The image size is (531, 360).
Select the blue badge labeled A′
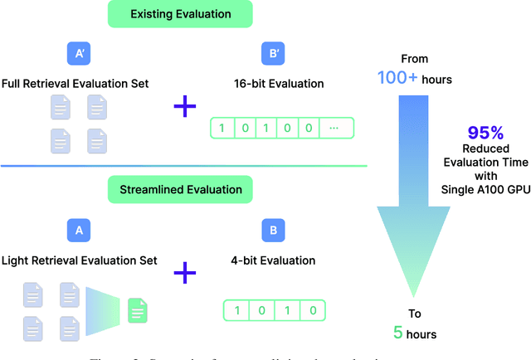tap(78, 54)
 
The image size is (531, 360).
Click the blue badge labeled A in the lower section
tap(78, 230)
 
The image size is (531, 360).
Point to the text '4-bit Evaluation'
tap(272, 260)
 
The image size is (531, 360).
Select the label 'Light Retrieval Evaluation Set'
tap(79, 260)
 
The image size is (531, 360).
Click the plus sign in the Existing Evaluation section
tap(185, 107)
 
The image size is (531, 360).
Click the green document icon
tap(137, 311)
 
